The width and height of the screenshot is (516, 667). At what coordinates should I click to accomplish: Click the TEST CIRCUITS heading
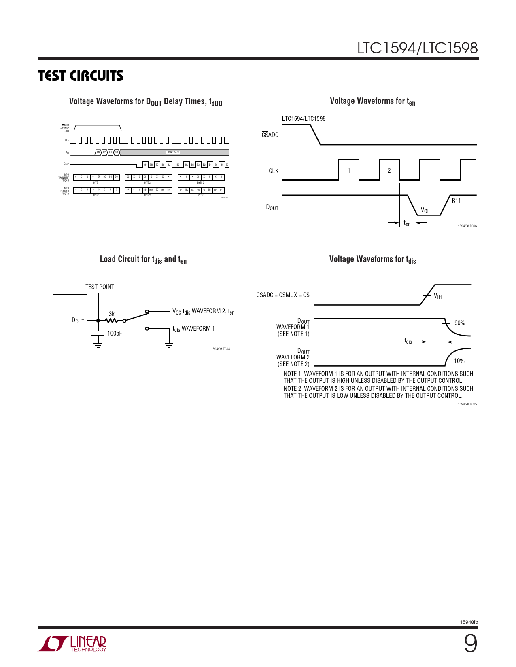81,76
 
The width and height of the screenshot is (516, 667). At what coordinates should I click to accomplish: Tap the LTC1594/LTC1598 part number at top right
417,48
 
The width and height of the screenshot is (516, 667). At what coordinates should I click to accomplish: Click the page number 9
470,644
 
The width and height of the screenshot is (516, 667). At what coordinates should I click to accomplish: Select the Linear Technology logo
72,644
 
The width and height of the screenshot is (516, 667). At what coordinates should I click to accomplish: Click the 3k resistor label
112,314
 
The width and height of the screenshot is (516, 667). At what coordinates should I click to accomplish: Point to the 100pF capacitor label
114,333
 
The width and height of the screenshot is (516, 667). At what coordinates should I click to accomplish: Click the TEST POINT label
100,287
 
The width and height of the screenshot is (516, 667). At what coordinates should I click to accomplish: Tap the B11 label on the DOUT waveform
456,201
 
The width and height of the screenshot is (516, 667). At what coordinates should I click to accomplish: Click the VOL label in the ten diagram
425,210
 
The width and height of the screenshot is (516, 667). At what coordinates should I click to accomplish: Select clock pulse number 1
349,171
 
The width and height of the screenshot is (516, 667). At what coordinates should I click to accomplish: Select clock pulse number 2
389,171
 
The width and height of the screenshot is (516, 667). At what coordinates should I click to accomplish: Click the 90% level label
460,323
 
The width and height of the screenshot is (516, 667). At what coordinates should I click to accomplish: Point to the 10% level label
459,361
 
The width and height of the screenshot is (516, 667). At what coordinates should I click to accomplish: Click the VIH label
437,296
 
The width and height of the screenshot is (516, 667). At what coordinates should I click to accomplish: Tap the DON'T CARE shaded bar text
173,152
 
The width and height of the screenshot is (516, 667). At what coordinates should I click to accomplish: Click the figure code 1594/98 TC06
467,226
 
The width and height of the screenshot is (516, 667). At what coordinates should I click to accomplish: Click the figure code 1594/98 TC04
220,349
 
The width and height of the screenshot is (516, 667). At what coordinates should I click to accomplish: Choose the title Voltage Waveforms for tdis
372,260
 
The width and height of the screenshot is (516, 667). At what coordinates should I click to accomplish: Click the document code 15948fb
469,622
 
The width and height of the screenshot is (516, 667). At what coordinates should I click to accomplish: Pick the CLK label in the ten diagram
274,171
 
